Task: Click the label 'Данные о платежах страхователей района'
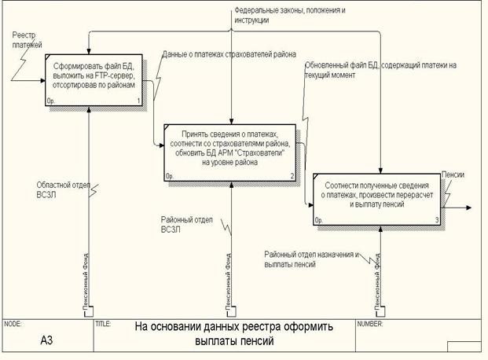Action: pyautogui.click(x=228, y=55)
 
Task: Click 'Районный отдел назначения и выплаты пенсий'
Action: pyautogui.click(x=311, y=259)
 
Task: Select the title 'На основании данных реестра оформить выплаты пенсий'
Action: pyautogui.click(x=233, y=333)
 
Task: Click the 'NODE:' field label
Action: pyautogui.click(x=13, y=323)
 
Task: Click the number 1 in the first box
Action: pyautogui.click(x=138, y=101)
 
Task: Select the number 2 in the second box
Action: pyautogui.click(x=292, y=176)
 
